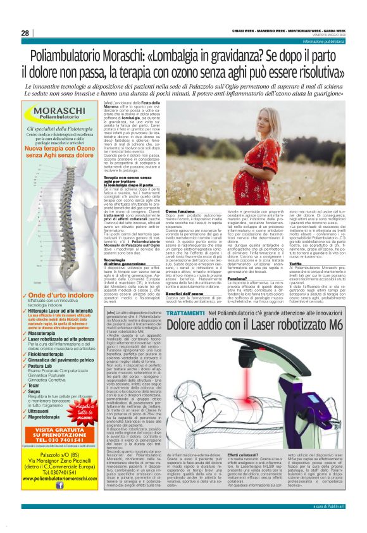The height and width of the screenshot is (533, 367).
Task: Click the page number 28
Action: pos(25,33)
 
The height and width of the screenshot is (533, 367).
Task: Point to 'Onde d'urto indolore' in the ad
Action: pos(62,295)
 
